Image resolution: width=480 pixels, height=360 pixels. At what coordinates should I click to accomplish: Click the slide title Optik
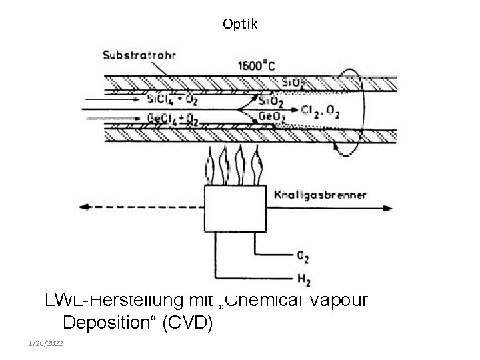[239, 25]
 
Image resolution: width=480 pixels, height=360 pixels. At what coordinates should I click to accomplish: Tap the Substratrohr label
[139, 56]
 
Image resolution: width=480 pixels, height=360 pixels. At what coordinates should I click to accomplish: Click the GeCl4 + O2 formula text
[171, 119]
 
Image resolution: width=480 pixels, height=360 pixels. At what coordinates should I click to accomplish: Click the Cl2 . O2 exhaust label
[321, 113]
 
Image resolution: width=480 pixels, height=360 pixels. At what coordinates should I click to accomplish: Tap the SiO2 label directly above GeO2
[271, 102]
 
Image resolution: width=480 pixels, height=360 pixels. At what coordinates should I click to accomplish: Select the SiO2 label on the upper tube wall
[293, 82]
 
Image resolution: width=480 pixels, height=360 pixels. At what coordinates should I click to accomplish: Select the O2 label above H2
[302, 255]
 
